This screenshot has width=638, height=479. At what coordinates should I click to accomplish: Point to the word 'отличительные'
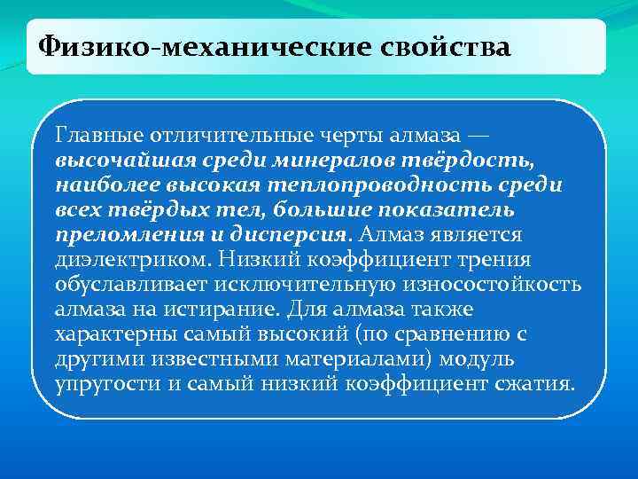coord(209,137)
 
